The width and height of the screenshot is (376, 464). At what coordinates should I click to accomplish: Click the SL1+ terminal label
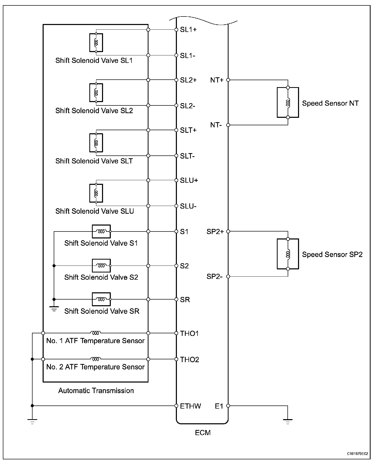pyautogui.click(x=188, y=30)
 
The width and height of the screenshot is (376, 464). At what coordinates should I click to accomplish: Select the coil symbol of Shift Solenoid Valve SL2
pyautogui.click(x=96, y=93)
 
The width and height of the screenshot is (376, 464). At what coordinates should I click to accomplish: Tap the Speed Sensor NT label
pyautogui.click(x=330, y=103)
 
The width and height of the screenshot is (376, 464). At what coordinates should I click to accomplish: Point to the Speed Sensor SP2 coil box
pyautogui.click(x=288, y=254)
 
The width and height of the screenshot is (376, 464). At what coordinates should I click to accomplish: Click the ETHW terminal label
pyautogui.click(x=190, y=406)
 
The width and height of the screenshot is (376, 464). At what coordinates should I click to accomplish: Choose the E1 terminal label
pyautogui.click(x=219, y=406)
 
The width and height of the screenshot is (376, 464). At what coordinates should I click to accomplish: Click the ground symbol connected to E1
pyautogui.click(x=288, y=422)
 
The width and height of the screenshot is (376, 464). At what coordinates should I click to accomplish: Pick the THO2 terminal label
pyautogui.click(x=190, y=360)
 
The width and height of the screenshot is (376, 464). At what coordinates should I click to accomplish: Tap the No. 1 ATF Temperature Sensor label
pyautogui.click(x=95, y=341)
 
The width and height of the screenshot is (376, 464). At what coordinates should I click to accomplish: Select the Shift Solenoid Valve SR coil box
pyautogui.click(x=101, y=299)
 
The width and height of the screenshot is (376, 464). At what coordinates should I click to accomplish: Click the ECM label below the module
pyautogui.click(x=203, y=433)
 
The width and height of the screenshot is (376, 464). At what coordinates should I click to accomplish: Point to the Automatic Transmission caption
pyautogui.click(x=96, y=391)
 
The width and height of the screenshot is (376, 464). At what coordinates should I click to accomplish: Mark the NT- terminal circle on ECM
pyautogui.click(x=228, y=125)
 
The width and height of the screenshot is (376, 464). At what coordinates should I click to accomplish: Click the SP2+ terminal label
pyautogui.click(x=215, y=232)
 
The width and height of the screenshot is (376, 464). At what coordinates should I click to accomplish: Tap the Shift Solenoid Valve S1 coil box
pyautogui.click(x=101, y=231)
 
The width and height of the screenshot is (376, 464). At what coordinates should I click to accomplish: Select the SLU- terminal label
pyautogui.click(x=188, y=206)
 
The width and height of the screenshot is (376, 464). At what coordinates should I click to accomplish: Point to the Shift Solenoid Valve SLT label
pyautogui.click(x=94, y=161)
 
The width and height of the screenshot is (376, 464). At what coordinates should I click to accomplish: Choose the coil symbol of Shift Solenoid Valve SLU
pyautogui.click(x=96, y=193)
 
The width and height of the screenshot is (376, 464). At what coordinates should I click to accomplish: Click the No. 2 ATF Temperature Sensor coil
pyautogui.click(x=96, y=359)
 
